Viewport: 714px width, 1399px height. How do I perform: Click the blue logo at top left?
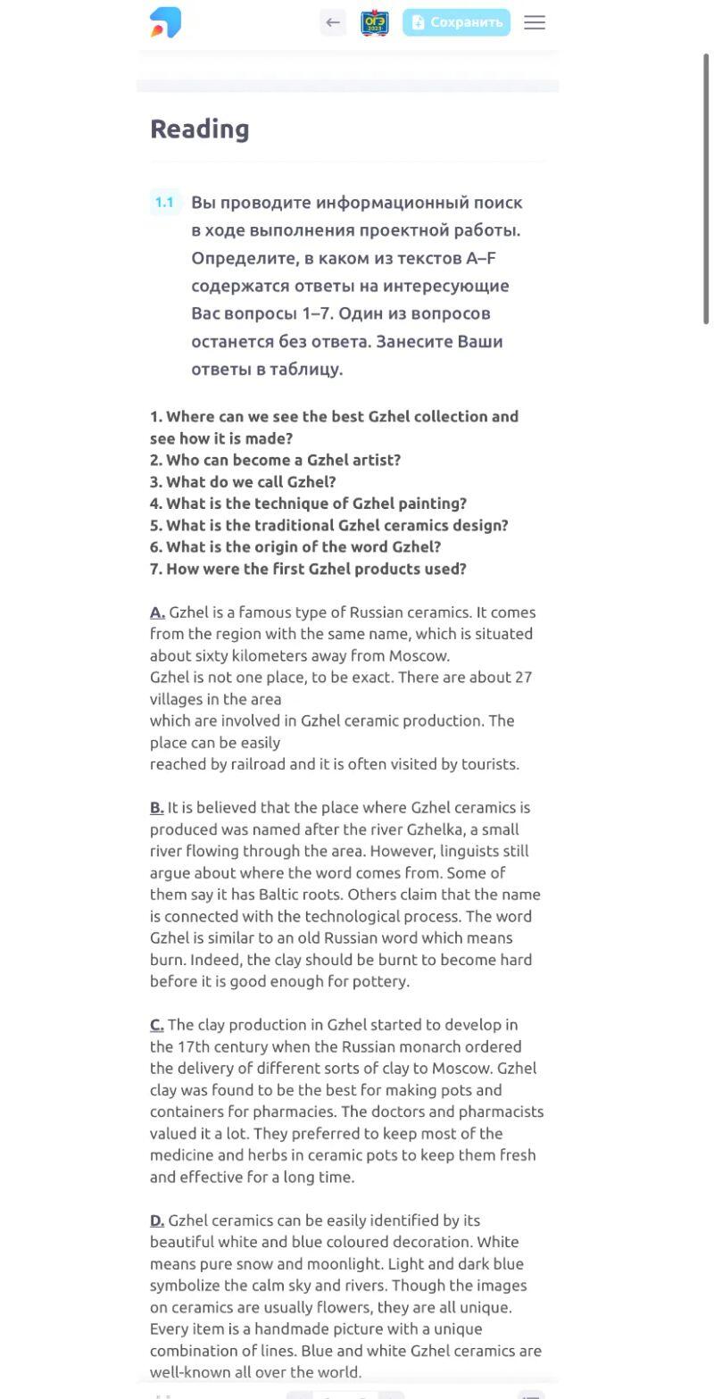tap(165, 22)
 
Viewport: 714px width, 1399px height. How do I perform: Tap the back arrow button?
tap(333, 22)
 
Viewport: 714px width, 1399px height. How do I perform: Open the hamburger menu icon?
tap(535, 22)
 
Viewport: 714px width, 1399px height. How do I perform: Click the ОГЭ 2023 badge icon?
tap(375, 22)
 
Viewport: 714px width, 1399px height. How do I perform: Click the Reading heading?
tap(200, 129)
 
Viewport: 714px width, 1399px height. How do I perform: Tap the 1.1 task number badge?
tap(164, 203)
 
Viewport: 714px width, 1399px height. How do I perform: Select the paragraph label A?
tap(157, 612)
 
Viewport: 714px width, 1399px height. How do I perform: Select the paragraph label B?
tap(156, 808)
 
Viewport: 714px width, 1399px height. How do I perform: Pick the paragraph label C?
tap(156, 1025)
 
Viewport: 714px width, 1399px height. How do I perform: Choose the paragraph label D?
tap(157, 1220)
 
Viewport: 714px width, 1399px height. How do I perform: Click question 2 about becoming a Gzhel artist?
tap(275, 460)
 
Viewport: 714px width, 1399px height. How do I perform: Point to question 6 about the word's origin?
tap(295, 546)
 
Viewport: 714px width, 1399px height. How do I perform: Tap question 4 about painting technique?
tap(308, 504)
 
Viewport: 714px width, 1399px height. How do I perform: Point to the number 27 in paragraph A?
tap(524, 677)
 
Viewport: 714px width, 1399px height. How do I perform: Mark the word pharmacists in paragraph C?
tap(501, 1112)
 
